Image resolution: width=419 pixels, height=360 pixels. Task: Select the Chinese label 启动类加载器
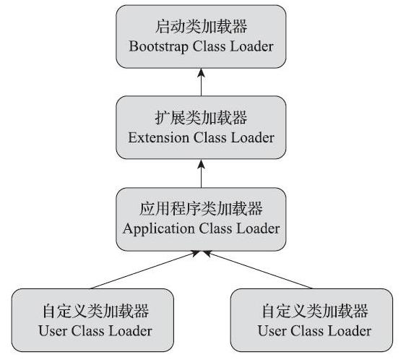tap(201, 27)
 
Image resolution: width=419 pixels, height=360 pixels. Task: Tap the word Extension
tap(157, 137)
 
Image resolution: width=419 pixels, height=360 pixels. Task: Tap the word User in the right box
tap(271, 331)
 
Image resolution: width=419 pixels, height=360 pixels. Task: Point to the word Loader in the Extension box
tap(252, 137)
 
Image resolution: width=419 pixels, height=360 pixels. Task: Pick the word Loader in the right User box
tap(350, 331)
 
